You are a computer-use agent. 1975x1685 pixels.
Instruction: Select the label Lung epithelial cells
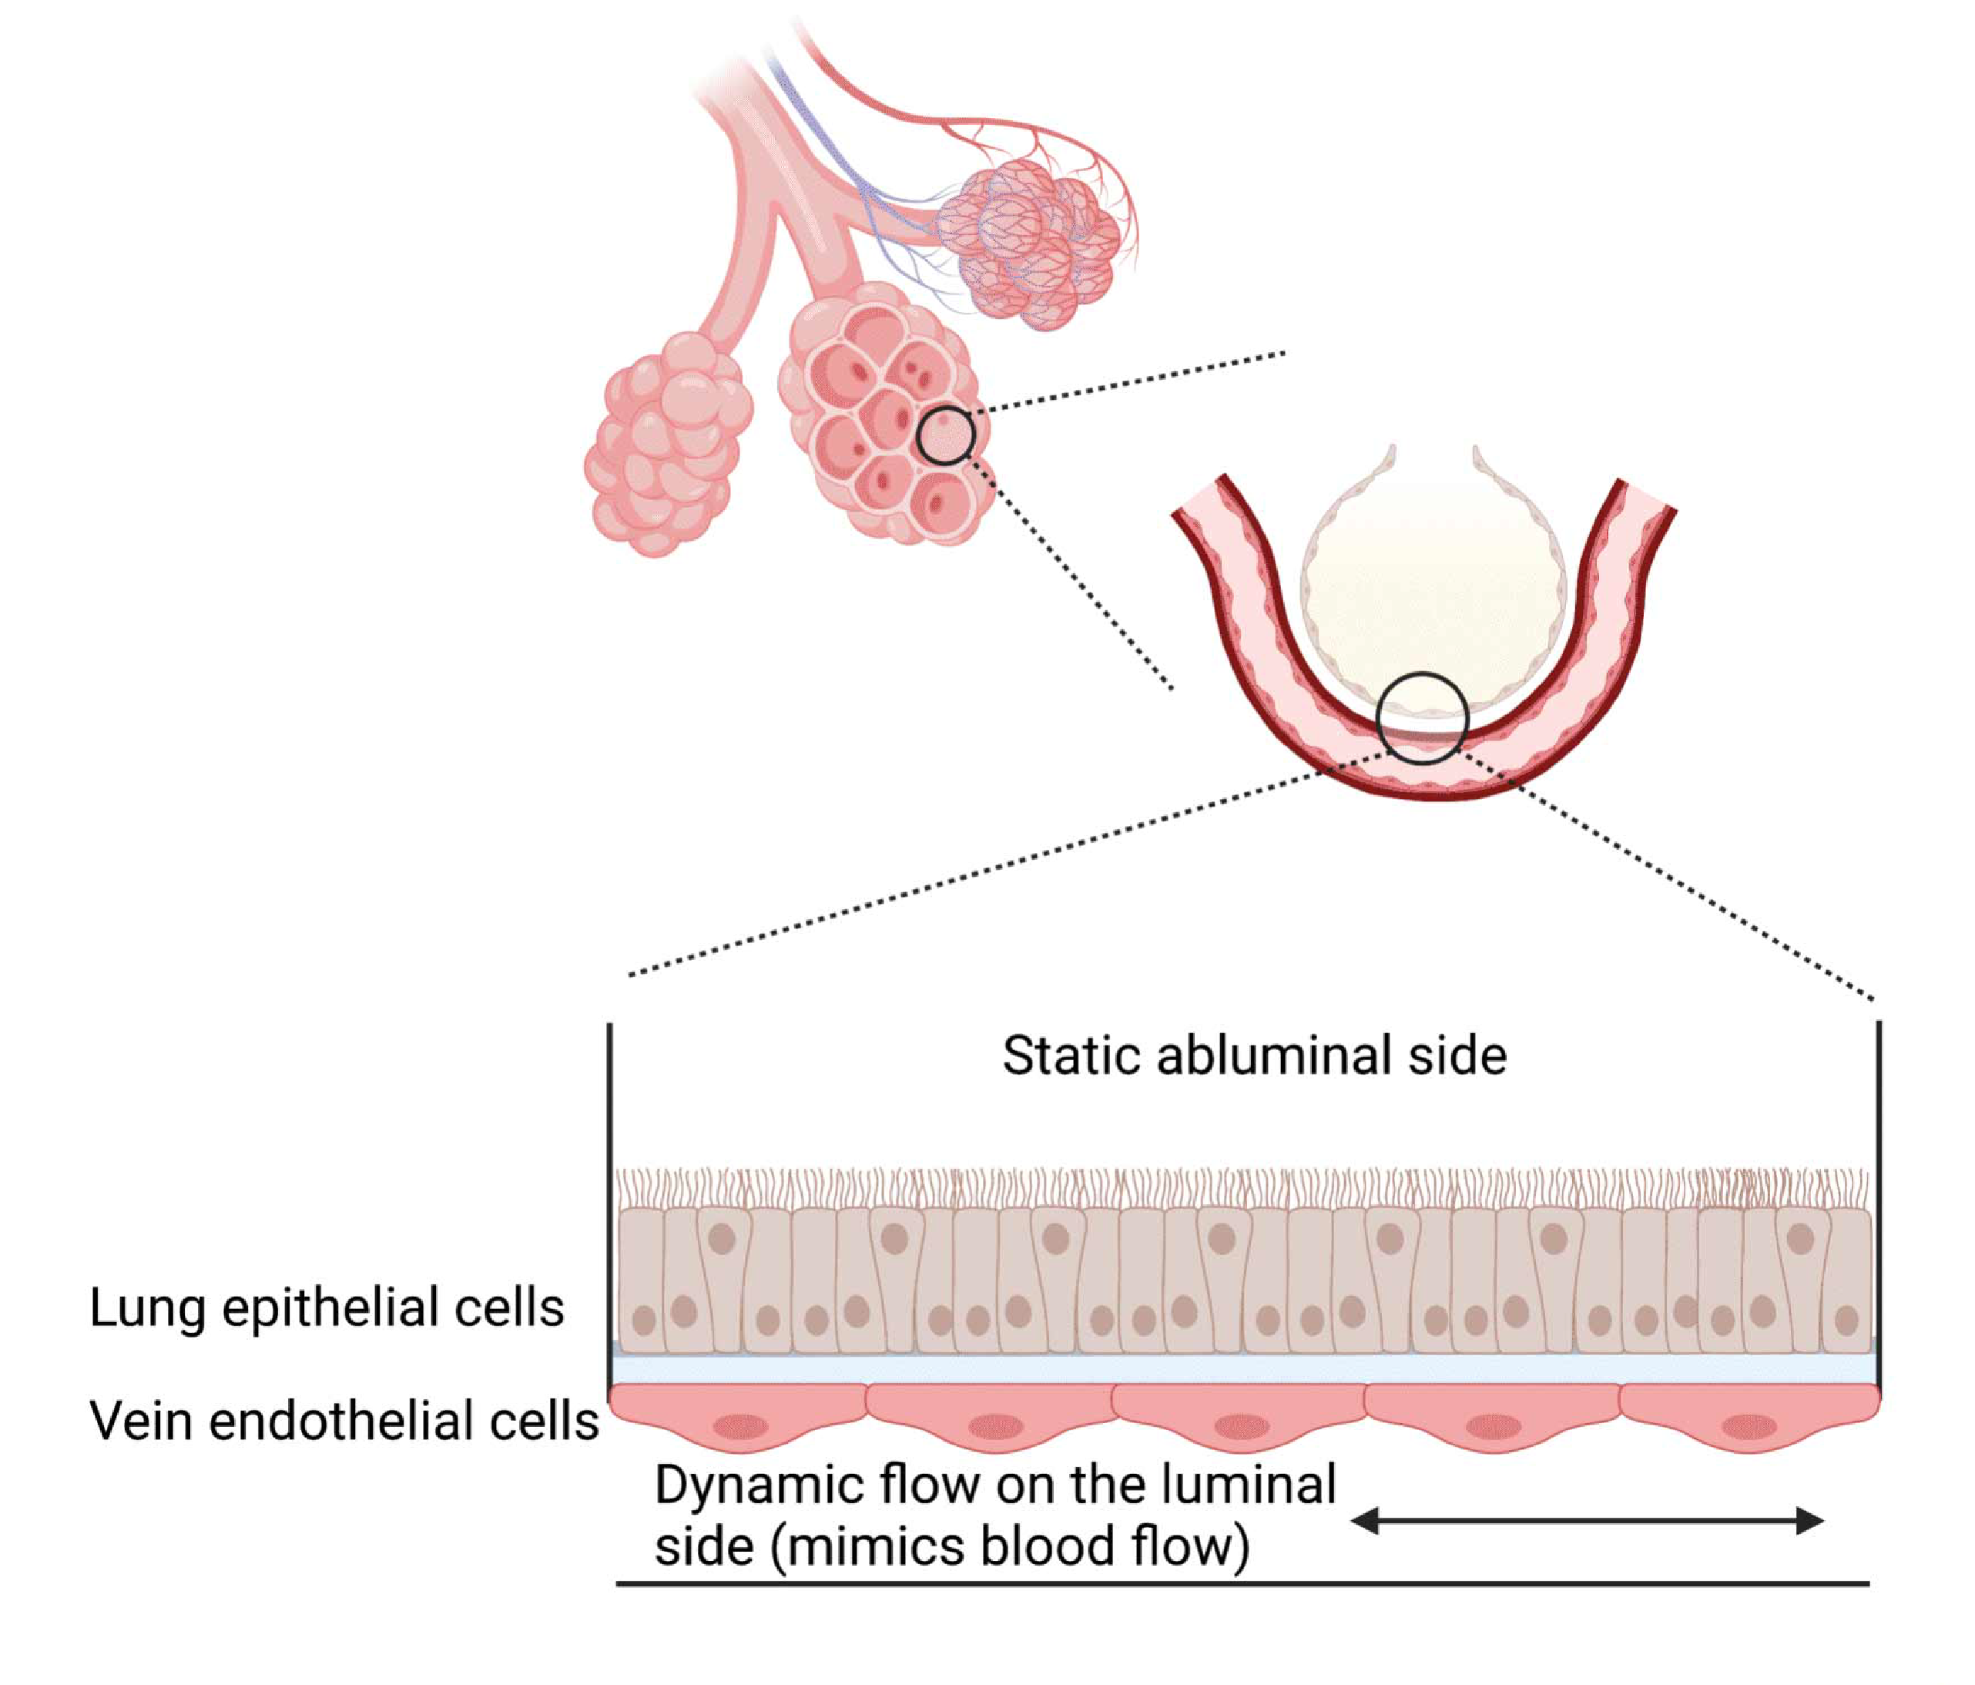pyautogui.click(x=327, y=1307)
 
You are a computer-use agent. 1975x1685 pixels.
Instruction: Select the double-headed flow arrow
pyautogui.click(x=1587, y=1520)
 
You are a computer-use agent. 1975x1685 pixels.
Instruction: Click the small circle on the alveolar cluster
pyautogui.click(x=946, y=436)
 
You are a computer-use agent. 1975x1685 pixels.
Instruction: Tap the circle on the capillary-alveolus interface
pyautogui.click(x=1422, y=718)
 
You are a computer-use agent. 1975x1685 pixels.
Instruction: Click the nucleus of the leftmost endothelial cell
pyautogui.click(x=742, y=1428)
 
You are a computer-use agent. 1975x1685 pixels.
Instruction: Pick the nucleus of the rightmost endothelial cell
pyautogui.click(x=1749, y=1427)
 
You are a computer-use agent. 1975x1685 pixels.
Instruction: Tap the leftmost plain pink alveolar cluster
pyautogui.click(x=667, y=444)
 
